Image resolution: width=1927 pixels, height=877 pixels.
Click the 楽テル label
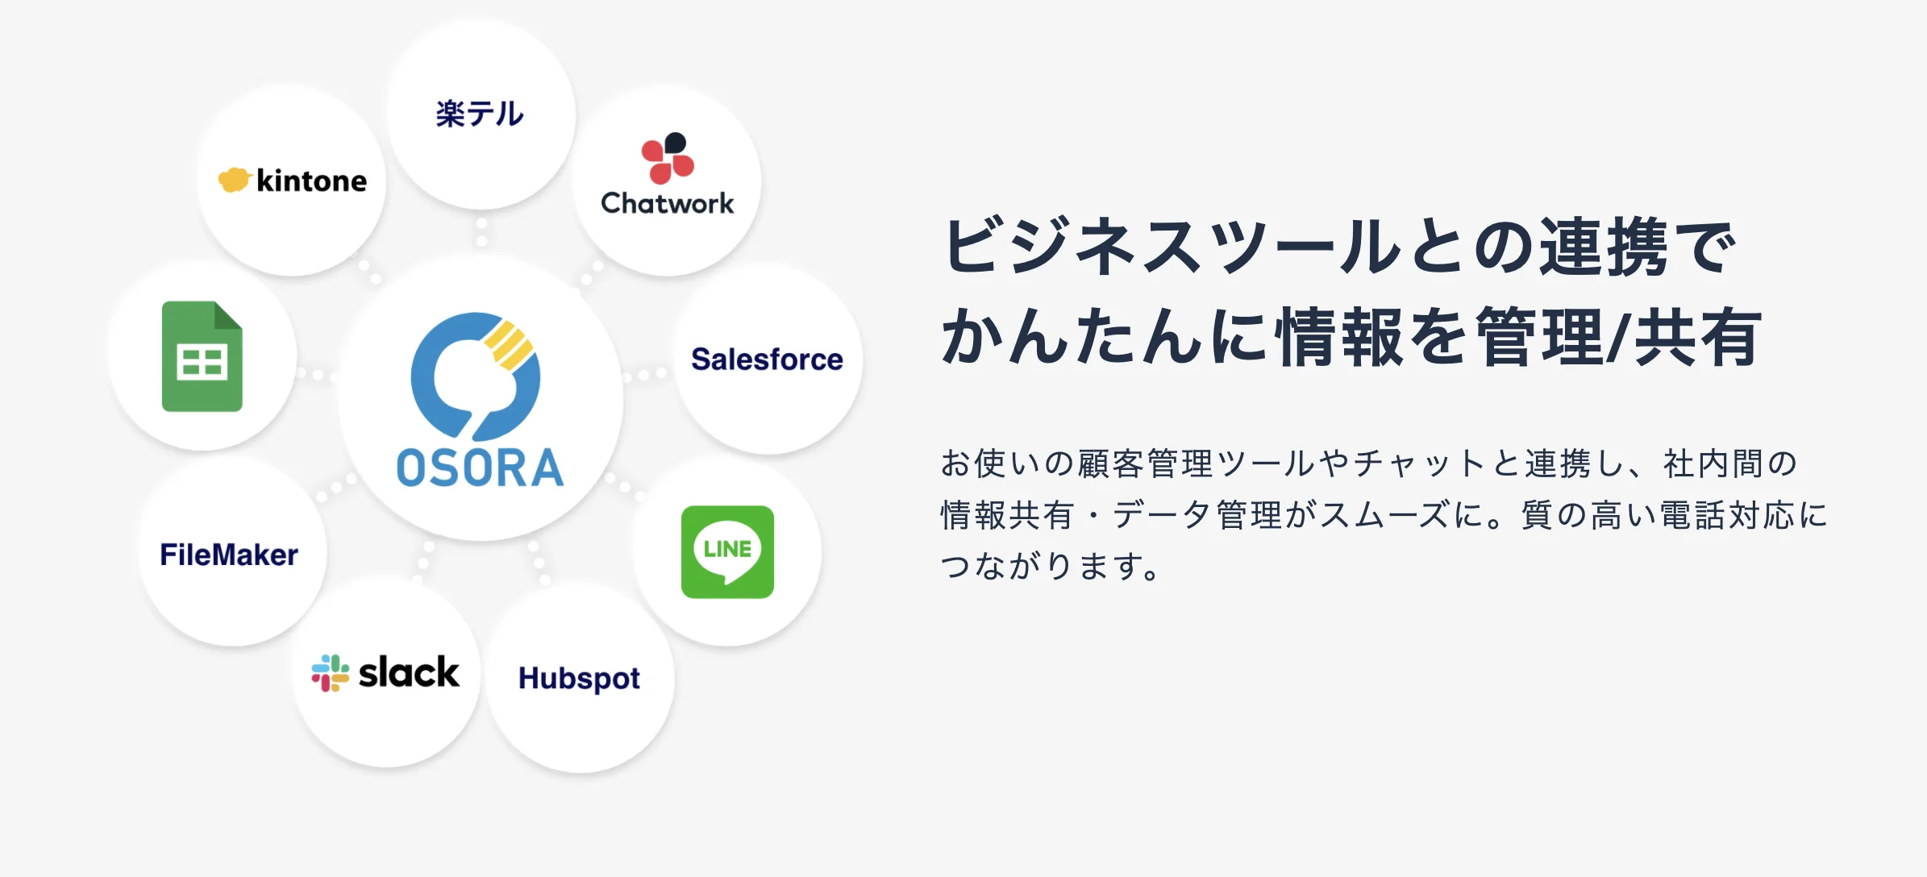480,114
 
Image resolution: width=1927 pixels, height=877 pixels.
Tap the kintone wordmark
311,181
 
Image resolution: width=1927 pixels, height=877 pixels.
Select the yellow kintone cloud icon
235,180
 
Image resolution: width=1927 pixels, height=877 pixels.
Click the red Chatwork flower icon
668,158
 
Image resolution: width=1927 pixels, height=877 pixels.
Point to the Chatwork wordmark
668,203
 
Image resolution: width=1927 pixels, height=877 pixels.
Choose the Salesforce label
767,359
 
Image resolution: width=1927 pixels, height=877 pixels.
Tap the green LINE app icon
727,552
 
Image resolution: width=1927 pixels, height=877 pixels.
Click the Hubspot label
579,679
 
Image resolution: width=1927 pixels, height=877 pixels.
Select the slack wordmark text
409,672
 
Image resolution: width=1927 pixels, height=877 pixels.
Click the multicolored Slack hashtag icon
331,673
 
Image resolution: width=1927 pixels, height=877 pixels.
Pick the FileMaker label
229,555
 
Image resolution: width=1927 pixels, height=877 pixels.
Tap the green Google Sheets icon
202,356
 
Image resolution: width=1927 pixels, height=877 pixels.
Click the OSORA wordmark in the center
480,468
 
